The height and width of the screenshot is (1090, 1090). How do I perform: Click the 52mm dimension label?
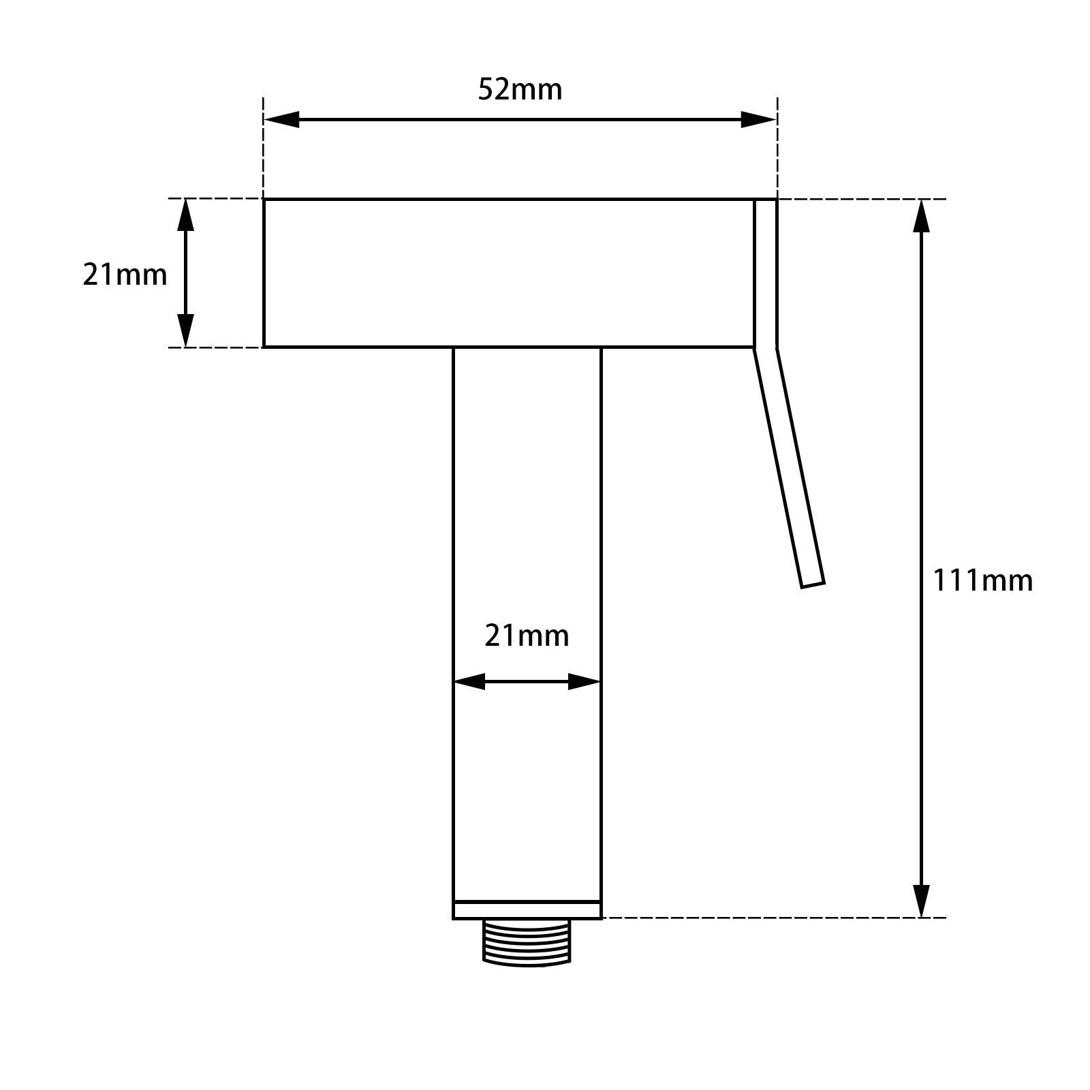pyautogui.click(x=520, y=90)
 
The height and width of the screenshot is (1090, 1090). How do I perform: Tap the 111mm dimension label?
pyautogui.click(x=982, y=581)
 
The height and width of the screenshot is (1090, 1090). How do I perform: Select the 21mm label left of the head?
pyautogui.click(x=125, y=275)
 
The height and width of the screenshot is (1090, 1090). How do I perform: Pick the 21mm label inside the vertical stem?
pyautogui.click(x=527, y=636)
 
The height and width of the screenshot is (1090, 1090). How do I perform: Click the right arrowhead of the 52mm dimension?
pyautogui.click(x=759, y=120)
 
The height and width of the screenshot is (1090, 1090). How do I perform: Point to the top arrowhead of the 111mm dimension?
pyautogui.click(x=921, y=216)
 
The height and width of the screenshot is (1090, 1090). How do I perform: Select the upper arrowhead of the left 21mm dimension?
pyautogui.click(x=185, y=215)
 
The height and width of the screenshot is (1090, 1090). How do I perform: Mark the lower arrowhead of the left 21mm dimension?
pyautogui.click(x=185, y=331)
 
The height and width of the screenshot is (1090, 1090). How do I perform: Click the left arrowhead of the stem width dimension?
pyautogui.click(x=469, y=681)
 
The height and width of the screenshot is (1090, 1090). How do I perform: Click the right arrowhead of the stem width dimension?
pyautogui.click(x=585, y=681)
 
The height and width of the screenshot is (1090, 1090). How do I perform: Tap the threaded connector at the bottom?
pyautogui.click(x=527, y=942)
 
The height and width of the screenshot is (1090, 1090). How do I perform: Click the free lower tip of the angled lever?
pyautogui.click(x=813, y=584)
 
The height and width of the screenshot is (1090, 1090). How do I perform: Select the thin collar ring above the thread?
pyautogui.click(x=527, y=910)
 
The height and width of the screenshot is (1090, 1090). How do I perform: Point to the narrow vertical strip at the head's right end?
pyautogui.click(x=765, y=272)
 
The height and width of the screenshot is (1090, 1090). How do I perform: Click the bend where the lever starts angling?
pyautogui.click(x=765, y=348)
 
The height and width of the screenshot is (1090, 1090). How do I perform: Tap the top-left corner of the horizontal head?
pyautogui.click(x=264, y=200)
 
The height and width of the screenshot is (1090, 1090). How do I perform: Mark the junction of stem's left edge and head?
pyautogui.click(x=454, y=347)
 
